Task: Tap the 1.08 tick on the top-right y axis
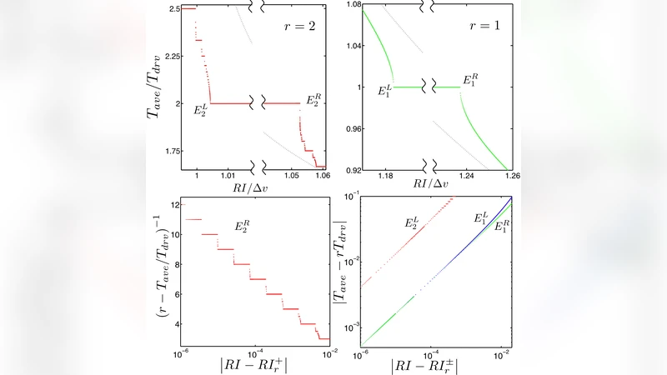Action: pos(349,5)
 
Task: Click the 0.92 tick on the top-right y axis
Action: pos(349,169)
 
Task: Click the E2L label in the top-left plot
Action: pos(201,108)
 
